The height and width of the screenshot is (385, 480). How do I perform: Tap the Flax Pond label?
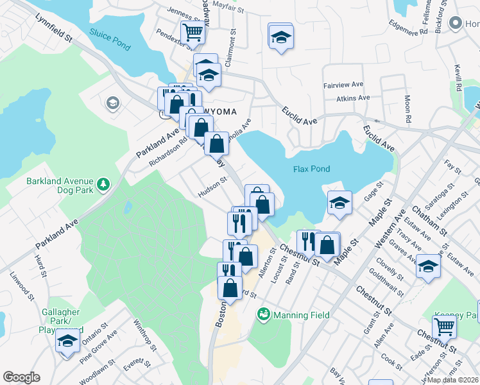[x=311, y=169]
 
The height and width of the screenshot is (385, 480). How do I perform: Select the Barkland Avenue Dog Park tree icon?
[x=103, y=185]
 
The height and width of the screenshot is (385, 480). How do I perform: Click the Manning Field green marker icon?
[x=262, y=314]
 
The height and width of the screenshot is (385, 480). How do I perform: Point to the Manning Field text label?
[x=302, y=315]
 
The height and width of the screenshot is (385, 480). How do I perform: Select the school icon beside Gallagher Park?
[x=67, y=341]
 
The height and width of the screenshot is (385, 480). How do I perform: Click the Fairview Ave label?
[x=345, y=84]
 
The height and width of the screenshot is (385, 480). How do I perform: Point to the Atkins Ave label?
[x=353, y=98]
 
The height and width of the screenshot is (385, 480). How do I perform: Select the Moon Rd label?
[x=407, y=110]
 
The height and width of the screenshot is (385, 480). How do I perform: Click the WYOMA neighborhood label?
[x=219, y=112]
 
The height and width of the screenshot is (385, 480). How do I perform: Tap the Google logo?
[x=21, y=377]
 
